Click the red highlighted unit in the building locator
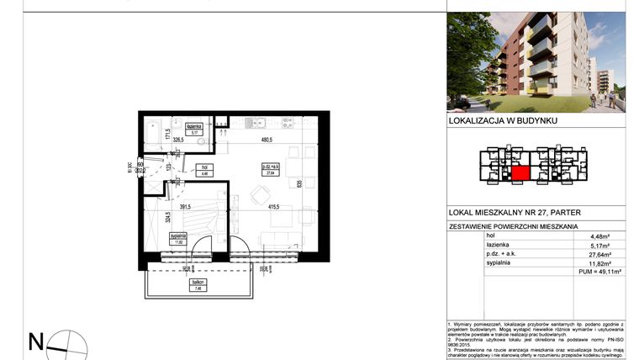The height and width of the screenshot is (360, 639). (520, 174)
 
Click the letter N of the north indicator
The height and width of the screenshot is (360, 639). (36, 341)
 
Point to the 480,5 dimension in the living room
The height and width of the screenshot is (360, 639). (267, 140)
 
